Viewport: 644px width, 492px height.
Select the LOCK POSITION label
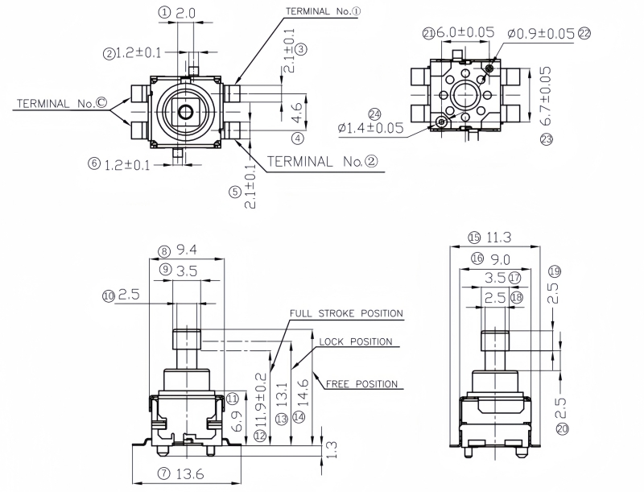(356, 342)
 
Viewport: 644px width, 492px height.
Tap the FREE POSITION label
(361, 384)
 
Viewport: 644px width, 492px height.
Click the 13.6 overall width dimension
(192, 474)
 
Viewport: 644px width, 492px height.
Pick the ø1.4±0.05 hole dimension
(370, 128)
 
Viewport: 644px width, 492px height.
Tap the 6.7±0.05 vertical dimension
(547, 96)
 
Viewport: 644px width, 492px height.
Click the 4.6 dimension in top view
(297, 105)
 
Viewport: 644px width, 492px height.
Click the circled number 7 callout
(163, 474)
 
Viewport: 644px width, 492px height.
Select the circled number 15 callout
(474, 238)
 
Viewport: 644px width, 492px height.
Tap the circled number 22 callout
(584, 33)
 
